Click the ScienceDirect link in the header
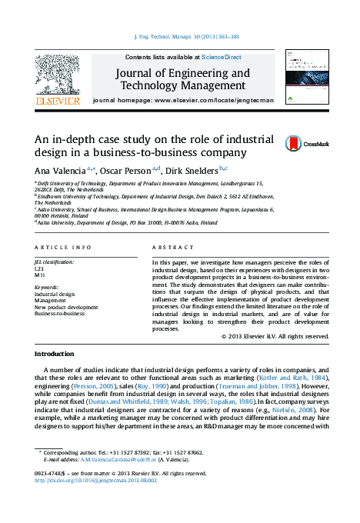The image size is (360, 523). point(222,57)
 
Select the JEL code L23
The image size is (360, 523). point(39,269)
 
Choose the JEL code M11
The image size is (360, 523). point(39,275)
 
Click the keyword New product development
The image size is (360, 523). point(66,307)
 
